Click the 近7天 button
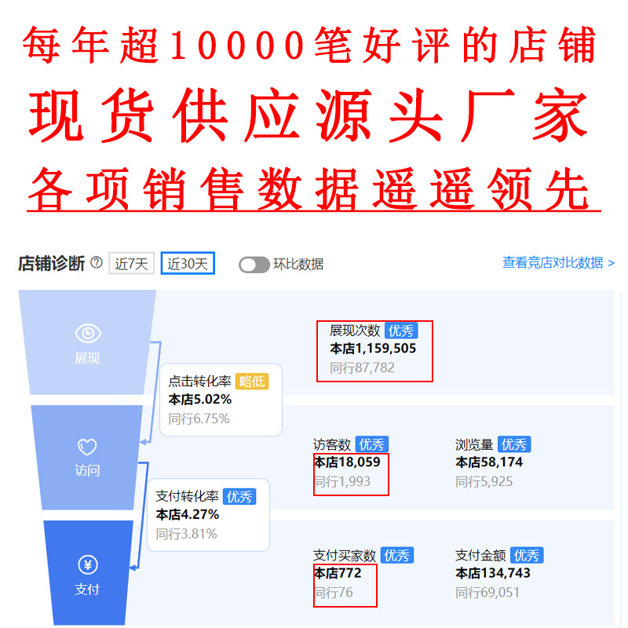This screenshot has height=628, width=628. (x=131, y=264)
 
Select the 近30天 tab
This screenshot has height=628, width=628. (x=188, y=264)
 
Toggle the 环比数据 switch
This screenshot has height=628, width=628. (x=254, y=265)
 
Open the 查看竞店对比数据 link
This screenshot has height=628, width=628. (x=558, y=263)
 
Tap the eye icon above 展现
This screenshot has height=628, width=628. (x=87, y=334)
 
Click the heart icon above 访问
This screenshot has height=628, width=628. (x=87, y=448)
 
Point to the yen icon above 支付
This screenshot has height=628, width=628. (x=87, y=564)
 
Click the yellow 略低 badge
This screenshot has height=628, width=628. (x=252, y=381)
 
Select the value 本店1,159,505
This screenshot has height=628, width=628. (x=373, y=349)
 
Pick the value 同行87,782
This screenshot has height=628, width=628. (x=362, y=367)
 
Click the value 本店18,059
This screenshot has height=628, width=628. (x=347, y=462)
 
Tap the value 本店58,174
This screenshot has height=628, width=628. (x=489, y=462)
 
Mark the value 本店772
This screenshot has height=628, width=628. (x=338, y=574)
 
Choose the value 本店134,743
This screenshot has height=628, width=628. (x=493, y=574)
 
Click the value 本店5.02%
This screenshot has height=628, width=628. (x=199, y=400)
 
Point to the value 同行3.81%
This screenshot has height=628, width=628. (x=186, y=534)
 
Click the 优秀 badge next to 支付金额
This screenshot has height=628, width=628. (x=526, y=555)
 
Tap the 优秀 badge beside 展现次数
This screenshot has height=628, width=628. (x=401, y=330)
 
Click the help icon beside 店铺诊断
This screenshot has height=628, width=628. (x=97, y=263)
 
